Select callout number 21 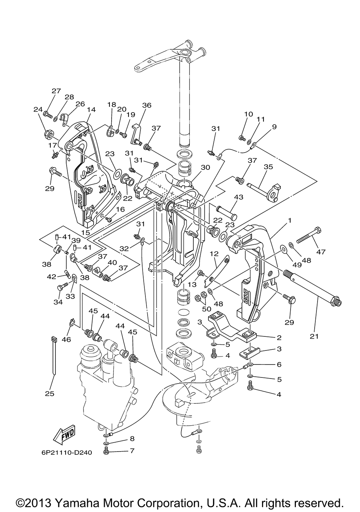pos(314,336)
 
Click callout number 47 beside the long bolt pos(321,252)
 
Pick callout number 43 pos(239,197)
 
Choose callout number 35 pos(268,167)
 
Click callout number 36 pos(147,105)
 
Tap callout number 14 pos(91,110)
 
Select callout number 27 pos(56,91)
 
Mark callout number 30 pos(205,167)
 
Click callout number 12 pos(214,254)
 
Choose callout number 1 pos(289,221)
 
